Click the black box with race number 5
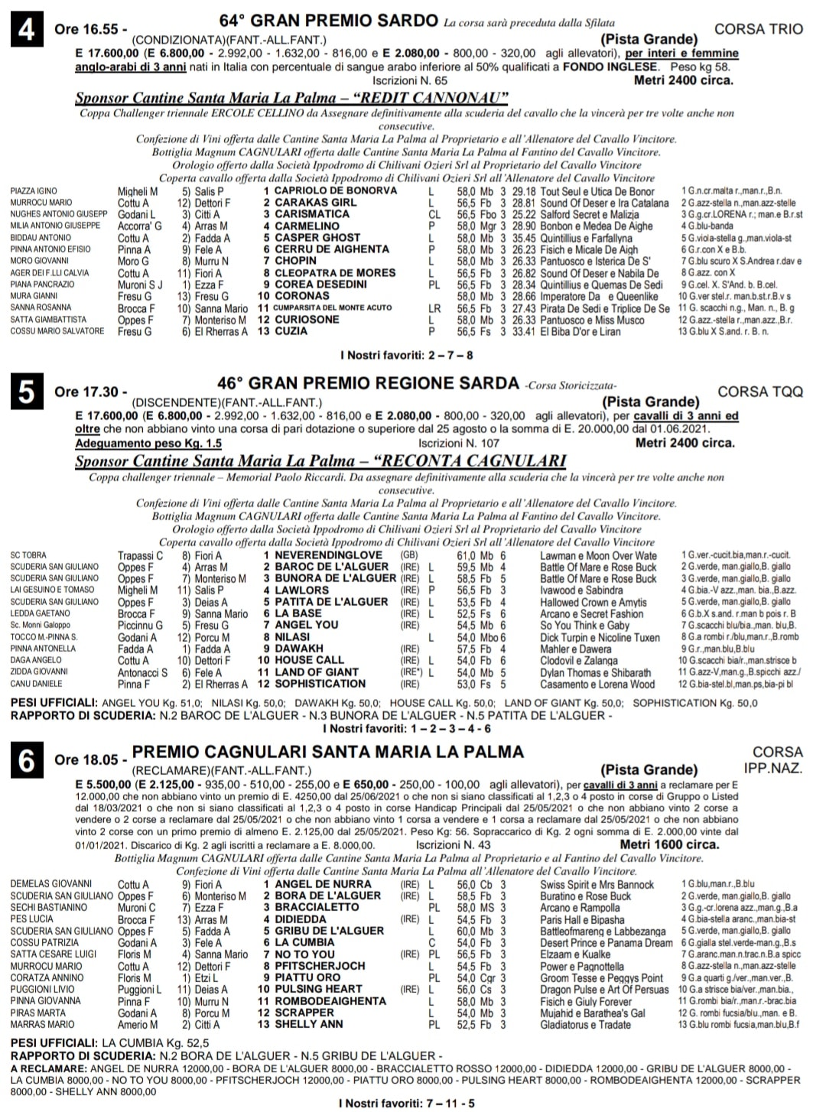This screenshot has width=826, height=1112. coord(27,392)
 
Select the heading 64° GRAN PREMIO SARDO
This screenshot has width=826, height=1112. coord(329,21)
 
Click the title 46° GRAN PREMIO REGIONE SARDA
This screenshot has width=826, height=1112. coord(368,382)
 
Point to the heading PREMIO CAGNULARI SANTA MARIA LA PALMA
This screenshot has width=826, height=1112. coord(328,752)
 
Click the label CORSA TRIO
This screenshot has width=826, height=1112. coord(759,30)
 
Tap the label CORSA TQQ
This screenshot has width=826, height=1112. coord(760,392)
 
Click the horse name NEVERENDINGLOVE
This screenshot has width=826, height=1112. coord(328,555)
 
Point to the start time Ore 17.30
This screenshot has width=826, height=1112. coord(86,392)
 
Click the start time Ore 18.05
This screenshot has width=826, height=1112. coord(86,760)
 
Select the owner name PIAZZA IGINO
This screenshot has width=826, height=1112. coord(34,191)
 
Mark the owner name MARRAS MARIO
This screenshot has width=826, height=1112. coord(43,1025)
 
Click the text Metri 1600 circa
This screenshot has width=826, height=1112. coord(669,845)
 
